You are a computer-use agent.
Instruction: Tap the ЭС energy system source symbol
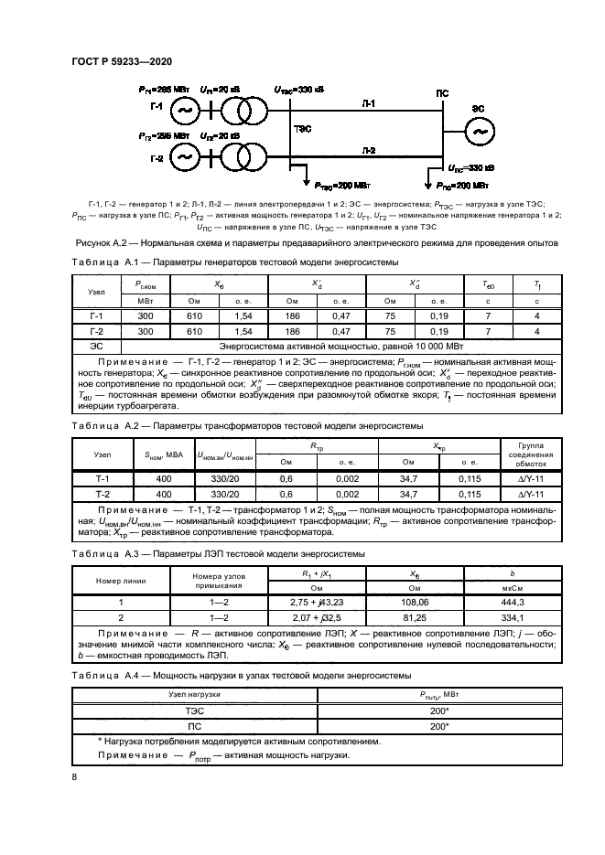coord(476,134)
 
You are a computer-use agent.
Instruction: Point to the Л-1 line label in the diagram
coord(367,104)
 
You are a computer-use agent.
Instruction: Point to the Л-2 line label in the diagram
coord(367,148)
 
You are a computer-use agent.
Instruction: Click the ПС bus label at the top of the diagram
coord(442,94)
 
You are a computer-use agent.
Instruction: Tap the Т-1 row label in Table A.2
coord(103,478)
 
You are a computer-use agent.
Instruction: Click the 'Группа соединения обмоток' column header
coord(528,454)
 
